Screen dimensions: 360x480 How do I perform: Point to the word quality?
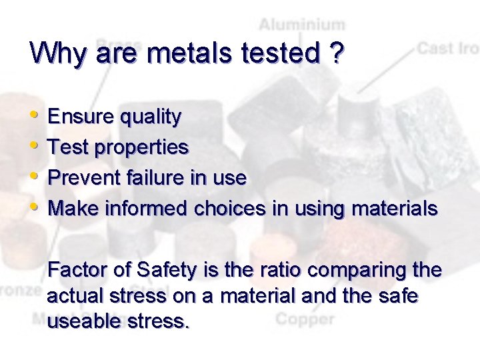coord(149,117)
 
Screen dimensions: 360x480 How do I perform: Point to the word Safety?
coord(166,271)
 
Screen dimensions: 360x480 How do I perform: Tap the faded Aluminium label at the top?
coord(302,25)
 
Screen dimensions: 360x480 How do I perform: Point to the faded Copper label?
coord(305,319)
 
